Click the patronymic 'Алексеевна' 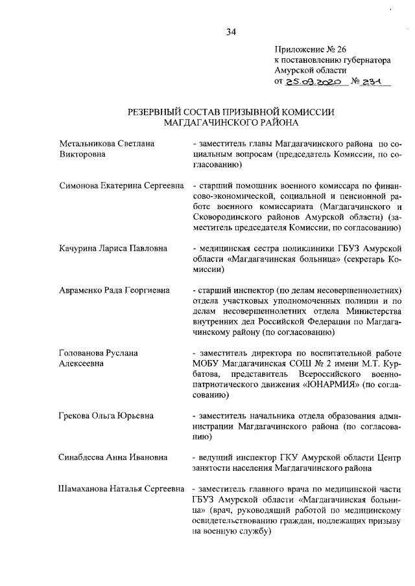point(82,365)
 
